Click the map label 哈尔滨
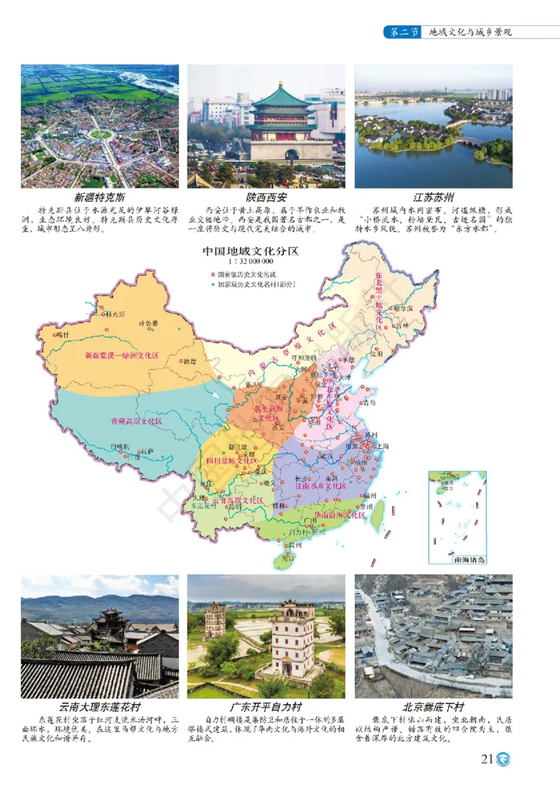[405, 307]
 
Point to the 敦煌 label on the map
[189, 361]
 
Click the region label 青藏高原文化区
[136, 422]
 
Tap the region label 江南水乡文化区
[320, 485]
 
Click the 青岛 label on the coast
[369, 403]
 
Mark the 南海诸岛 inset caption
[468, 560]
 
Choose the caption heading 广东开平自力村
[266, 707]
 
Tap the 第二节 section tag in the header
[405, 32]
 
